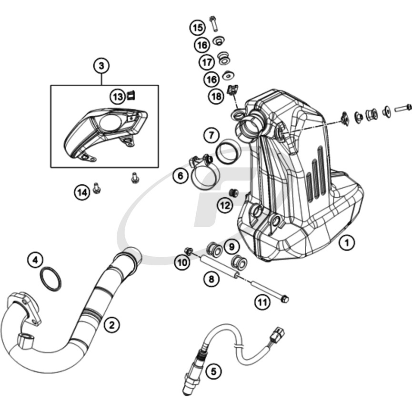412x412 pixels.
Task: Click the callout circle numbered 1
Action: click(x=347, y=243)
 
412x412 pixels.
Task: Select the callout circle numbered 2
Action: click(x=111, y=325)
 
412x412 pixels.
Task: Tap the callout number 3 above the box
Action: click(x=101, y=66)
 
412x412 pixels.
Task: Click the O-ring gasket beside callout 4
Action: click(x=50, y=279)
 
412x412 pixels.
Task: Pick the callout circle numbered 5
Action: click(x=213, y=371)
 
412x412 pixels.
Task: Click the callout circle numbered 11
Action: click(x=262, y=302)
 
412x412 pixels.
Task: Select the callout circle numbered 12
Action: click(x=225, y=205)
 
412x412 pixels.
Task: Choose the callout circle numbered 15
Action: click(x=198, y=28)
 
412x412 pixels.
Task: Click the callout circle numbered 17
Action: click(x=207, y=62)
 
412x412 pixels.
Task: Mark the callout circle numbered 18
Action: click(x=217, y=96)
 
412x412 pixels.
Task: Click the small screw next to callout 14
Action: click(x=97, y=188)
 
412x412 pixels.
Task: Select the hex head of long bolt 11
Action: click(x=284, y=299)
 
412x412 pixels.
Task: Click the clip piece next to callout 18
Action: click(x=232, y=90)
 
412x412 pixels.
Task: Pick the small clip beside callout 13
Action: click(x=131, y=95)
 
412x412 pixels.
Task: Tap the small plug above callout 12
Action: click(x=233, y=192)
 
